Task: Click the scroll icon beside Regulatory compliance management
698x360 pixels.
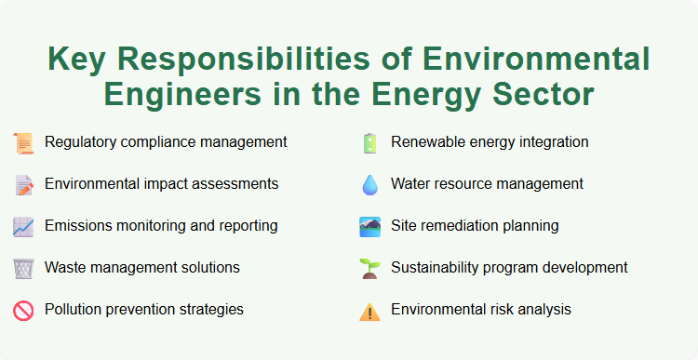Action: click(23, 143)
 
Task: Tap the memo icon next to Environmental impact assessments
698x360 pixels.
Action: click(23, 185)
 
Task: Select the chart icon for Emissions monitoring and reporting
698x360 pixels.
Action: click(23, 226)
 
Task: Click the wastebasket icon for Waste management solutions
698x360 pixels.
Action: click(23, 268)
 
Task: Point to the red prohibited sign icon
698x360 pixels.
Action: click(23, 310)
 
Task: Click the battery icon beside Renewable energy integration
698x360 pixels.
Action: click(369, 143)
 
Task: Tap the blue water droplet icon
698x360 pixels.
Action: click(369, 185)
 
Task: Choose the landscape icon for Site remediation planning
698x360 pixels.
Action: click(369, 226)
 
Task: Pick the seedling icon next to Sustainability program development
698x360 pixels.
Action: click(369, 268)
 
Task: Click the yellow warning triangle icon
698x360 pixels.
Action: click(369, 311)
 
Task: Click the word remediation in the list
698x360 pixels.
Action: click(462, 226)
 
